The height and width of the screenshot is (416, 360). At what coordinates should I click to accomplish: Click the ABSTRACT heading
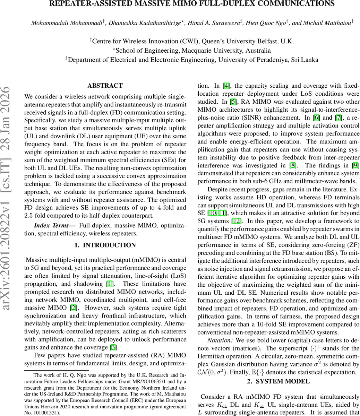click(105, 86)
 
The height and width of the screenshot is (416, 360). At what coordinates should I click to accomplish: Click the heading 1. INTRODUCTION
click(105, 245)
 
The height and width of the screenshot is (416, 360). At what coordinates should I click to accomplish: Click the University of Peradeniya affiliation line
click(192, 60)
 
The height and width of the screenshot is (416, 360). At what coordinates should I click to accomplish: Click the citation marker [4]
click(226, 86)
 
